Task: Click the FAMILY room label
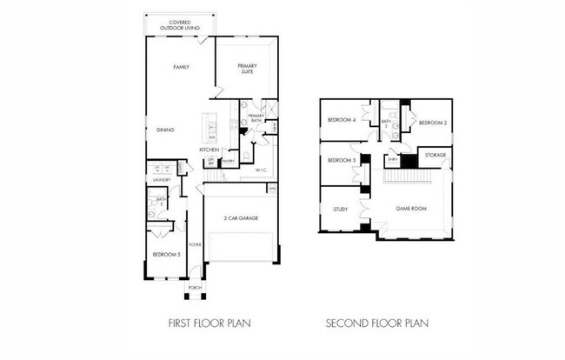click(181, 67)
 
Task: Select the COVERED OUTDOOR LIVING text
click(180, 26)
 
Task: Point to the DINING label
click(165, 130)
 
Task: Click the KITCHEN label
click(209, 150)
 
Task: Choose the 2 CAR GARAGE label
click(241, 217)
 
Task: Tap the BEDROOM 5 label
click(167, 254)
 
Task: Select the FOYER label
click(196, 244)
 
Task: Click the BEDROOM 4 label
click(342, 121)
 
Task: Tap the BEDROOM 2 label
click(432, 123)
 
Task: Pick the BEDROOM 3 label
click(342, 161)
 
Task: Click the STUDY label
click(341, 209)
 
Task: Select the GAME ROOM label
click(410, 209)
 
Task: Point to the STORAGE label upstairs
click(435, 155)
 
